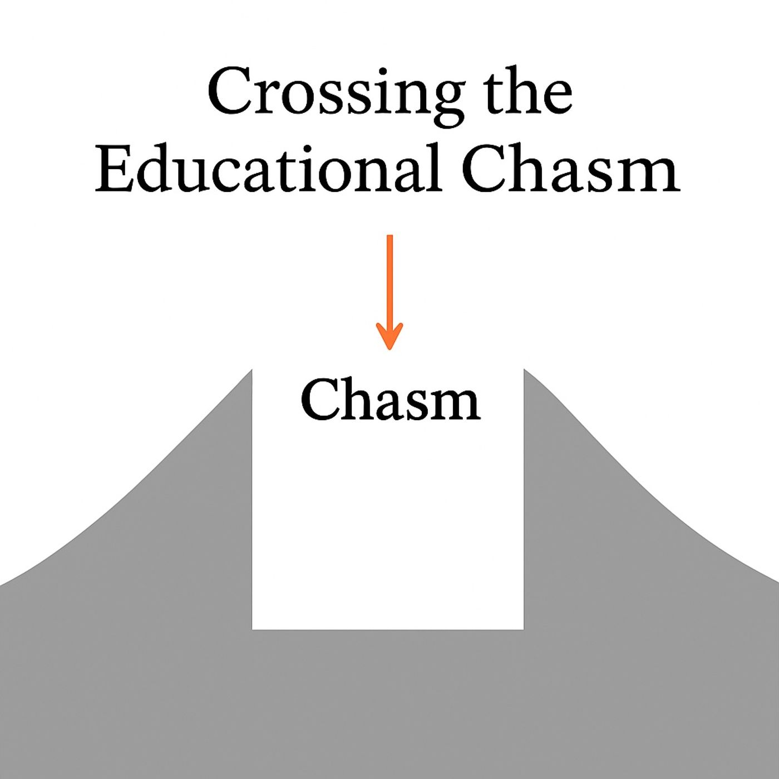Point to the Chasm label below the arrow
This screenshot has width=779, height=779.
coord(390,400)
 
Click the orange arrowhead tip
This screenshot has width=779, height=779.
coord(389,349)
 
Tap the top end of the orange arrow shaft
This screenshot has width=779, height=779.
coord(389,236)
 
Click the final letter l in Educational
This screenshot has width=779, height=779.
coord(435,167)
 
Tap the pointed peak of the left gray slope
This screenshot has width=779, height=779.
coord(252,369)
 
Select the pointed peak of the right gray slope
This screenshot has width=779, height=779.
coord(524,369)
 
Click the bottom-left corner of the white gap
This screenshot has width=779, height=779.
coord(253,629)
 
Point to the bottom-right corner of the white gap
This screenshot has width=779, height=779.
coord(523,629)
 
